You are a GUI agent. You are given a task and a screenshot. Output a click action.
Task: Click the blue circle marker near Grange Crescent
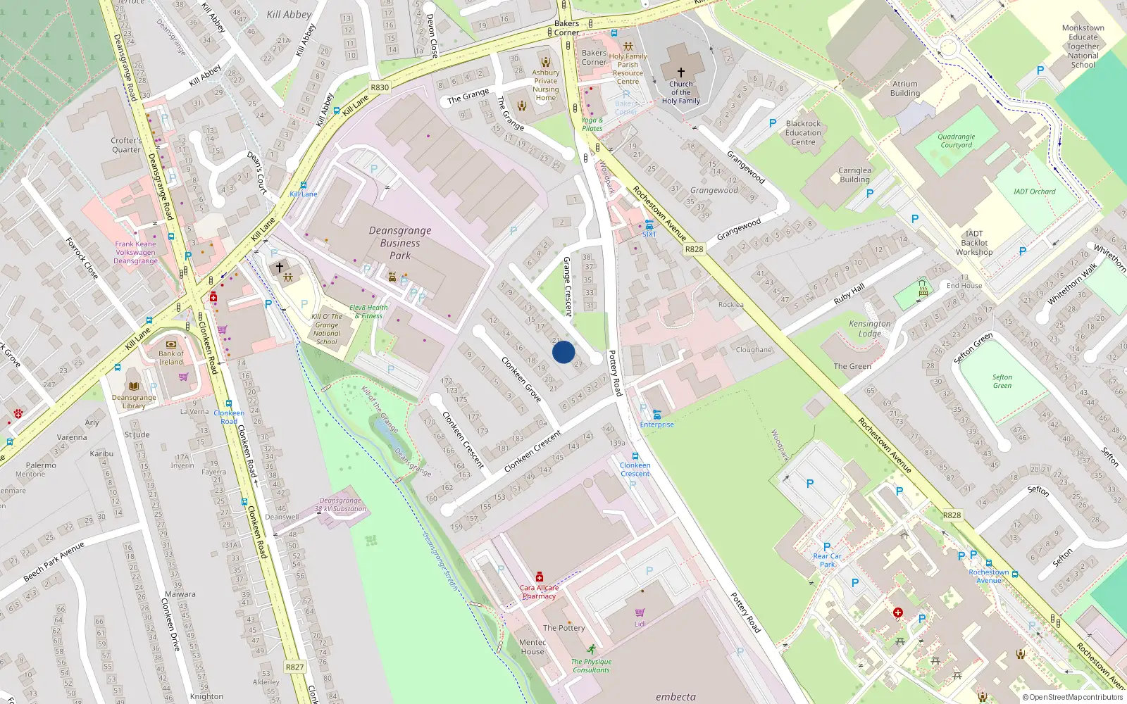pos(563,352)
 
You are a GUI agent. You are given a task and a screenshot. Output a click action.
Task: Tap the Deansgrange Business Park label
pos(400,243)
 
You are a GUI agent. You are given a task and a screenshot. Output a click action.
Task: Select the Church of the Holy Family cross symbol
pos(681,72)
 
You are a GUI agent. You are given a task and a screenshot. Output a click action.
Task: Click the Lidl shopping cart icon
pos(640,612)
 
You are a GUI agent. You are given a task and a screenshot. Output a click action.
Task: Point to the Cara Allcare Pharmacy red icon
pos(540,577)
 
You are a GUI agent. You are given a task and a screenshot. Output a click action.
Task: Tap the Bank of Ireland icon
pos(170,344)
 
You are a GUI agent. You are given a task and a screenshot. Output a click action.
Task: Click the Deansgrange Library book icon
pos(134,386)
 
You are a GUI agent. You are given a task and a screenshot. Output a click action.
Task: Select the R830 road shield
pos(380,87)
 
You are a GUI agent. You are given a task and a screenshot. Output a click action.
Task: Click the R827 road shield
pos(294,667)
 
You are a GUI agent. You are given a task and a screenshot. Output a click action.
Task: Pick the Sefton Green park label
pos(1002,381)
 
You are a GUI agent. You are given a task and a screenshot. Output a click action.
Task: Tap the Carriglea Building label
pos(854,175)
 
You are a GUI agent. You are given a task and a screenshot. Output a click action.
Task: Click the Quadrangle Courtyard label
pos(956,141)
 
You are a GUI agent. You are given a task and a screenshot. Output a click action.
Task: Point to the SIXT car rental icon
pos(649,225)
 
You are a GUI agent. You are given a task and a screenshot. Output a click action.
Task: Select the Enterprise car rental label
pos(656,425)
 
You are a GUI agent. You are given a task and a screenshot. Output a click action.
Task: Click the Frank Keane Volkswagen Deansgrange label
pos(136,252)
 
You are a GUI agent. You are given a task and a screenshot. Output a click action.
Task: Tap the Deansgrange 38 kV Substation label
pos(340,505)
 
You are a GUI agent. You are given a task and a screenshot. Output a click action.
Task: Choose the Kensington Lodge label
pos(870,329)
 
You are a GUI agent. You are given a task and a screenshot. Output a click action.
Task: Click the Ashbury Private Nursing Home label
pos(545,85)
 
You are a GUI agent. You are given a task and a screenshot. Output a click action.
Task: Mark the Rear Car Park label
pos(827,560)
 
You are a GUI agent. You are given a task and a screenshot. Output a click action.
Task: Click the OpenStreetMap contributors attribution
pos(1073,697)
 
